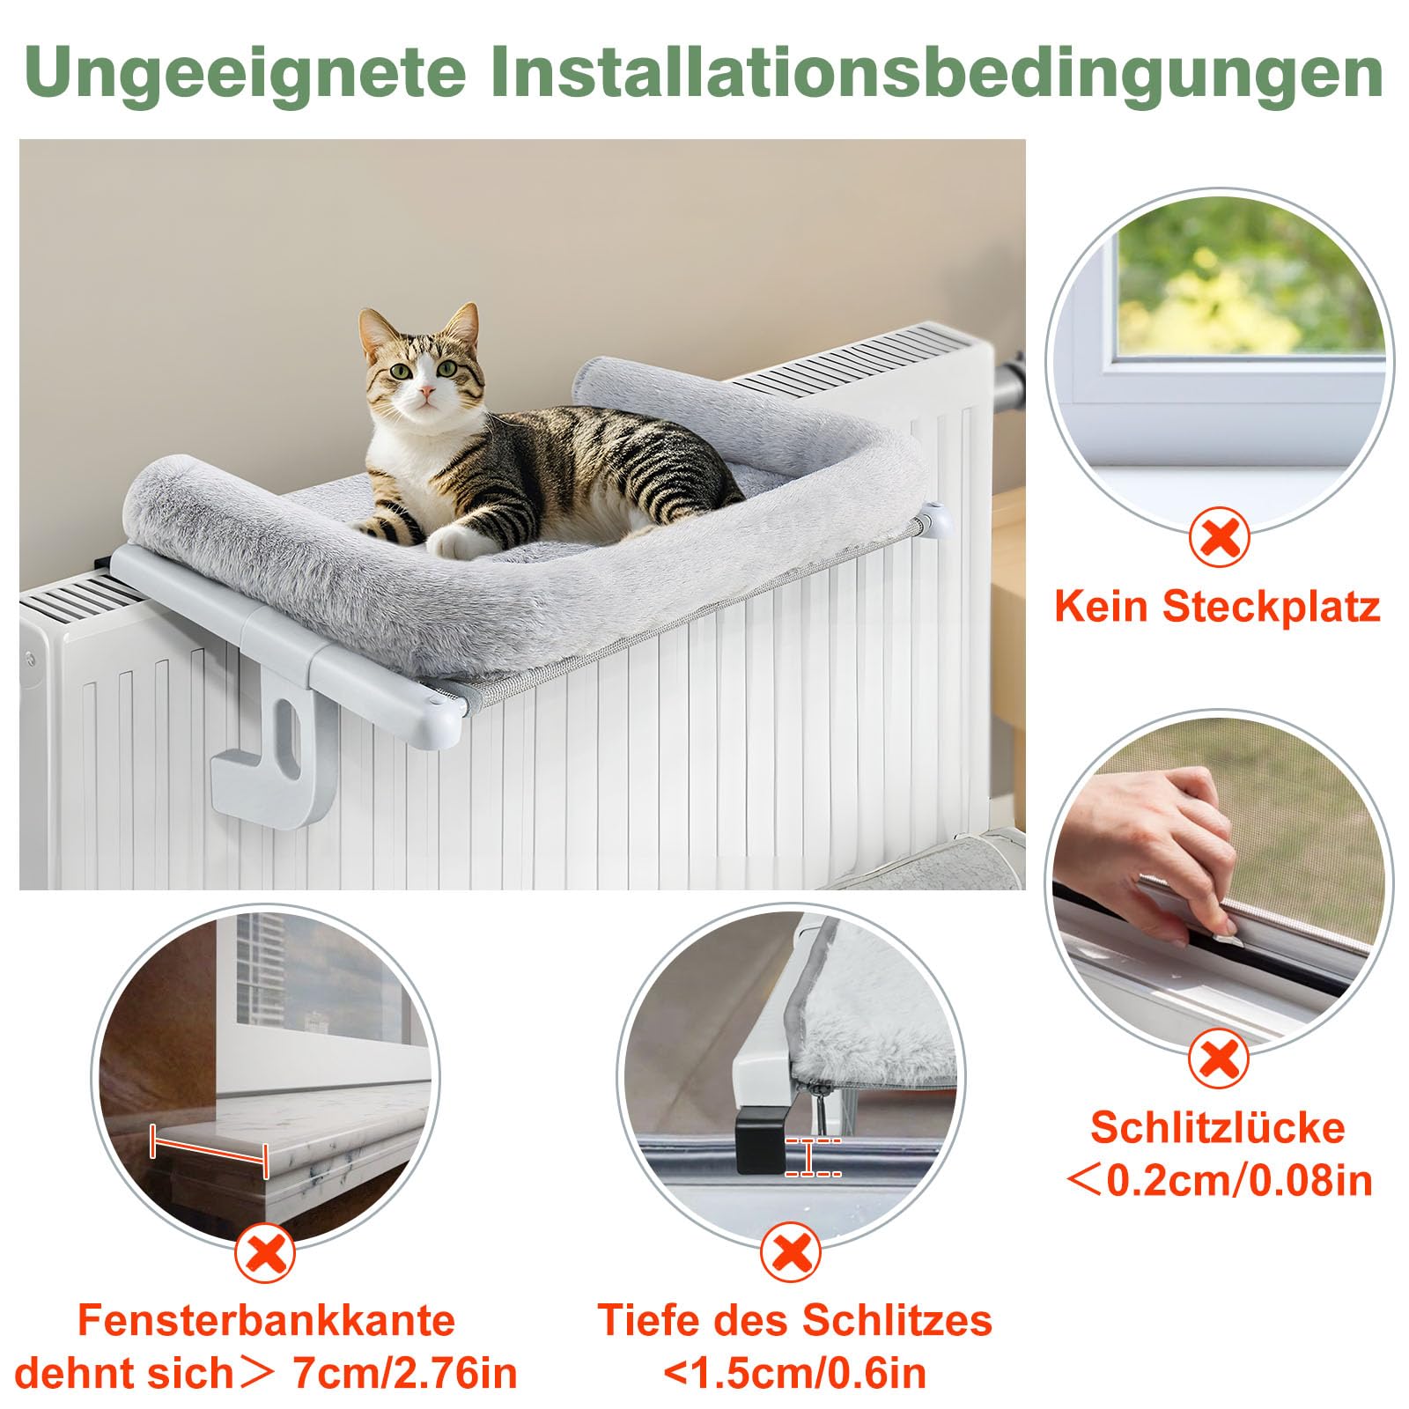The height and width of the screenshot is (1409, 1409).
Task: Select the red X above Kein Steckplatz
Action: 1220,538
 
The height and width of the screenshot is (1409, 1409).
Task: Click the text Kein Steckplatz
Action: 1217,607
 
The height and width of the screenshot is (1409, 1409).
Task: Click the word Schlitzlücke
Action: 1218,1128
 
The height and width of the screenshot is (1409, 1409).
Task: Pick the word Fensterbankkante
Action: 266,1320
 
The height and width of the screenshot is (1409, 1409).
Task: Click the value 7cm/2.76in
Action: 404,1374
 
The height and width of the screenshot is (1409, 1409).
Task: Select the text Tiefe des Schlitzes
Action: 795,1320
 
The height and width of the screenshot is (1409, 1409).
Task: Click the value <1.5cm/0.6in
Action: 795,1374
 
